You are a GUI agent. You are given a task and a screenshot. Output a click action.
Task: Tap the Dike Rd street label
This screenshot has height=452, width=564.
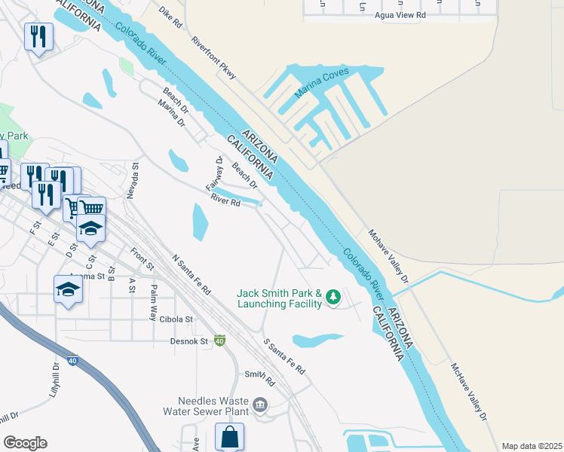pyautogui.click(x=171, y=17)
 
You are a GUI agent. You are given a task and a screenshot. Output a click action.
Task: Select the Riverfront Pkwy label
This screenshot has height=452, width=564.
pyautogui.click(x=214, y=58)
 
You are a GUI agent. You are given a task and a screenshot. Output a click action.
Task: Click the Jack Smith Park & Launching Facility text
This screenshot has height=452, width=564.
pyautogui.click(x=280, y=298)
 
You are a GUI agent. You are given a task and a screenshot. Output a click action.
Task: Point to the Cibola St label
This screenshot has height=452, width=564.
pyautogui.click(x=177, y=319)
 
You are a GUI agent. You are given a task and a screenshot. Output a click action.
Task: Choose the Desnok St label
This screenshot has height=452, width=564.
pyautogui.click(x=189, y=341)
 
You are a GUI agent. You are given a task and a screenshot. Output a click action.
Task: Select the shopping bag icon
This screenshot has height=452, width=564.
pyautogui.click(x=229, y=437)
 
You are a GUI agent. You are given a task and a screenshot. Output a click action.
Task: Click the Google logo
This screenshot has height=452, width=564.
pyautogui.click(x=25, y=443)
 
